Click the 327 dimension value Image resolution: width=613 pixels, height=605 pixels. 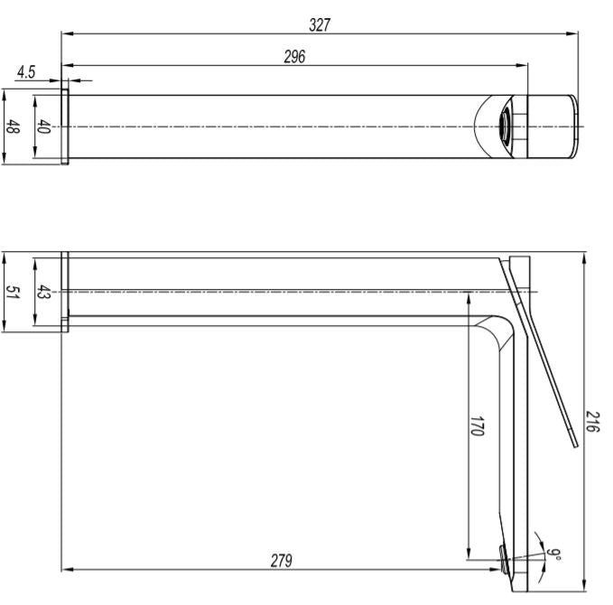point(320,25)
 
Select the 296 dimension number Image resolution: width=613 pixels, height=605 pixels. point(294,57)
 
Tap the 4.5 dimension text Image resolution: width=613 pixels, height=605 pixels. point(26,72)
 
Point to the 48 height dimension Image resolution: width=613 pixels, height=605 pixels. point(13,126)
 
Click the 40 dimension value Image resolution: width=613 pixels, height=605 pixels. point(43,126)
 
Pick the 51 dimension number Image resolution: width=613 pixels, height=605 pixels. point(13,293)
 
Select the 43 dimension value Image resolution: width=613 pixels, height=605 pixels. point(43,293)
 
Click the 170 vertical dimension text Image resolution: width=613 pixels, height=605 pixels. point(478,426)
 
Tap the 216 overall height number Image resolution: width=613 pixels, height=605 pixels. point(592,421)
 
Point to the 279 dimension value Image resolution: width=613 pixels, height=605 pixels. point(281,561)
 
